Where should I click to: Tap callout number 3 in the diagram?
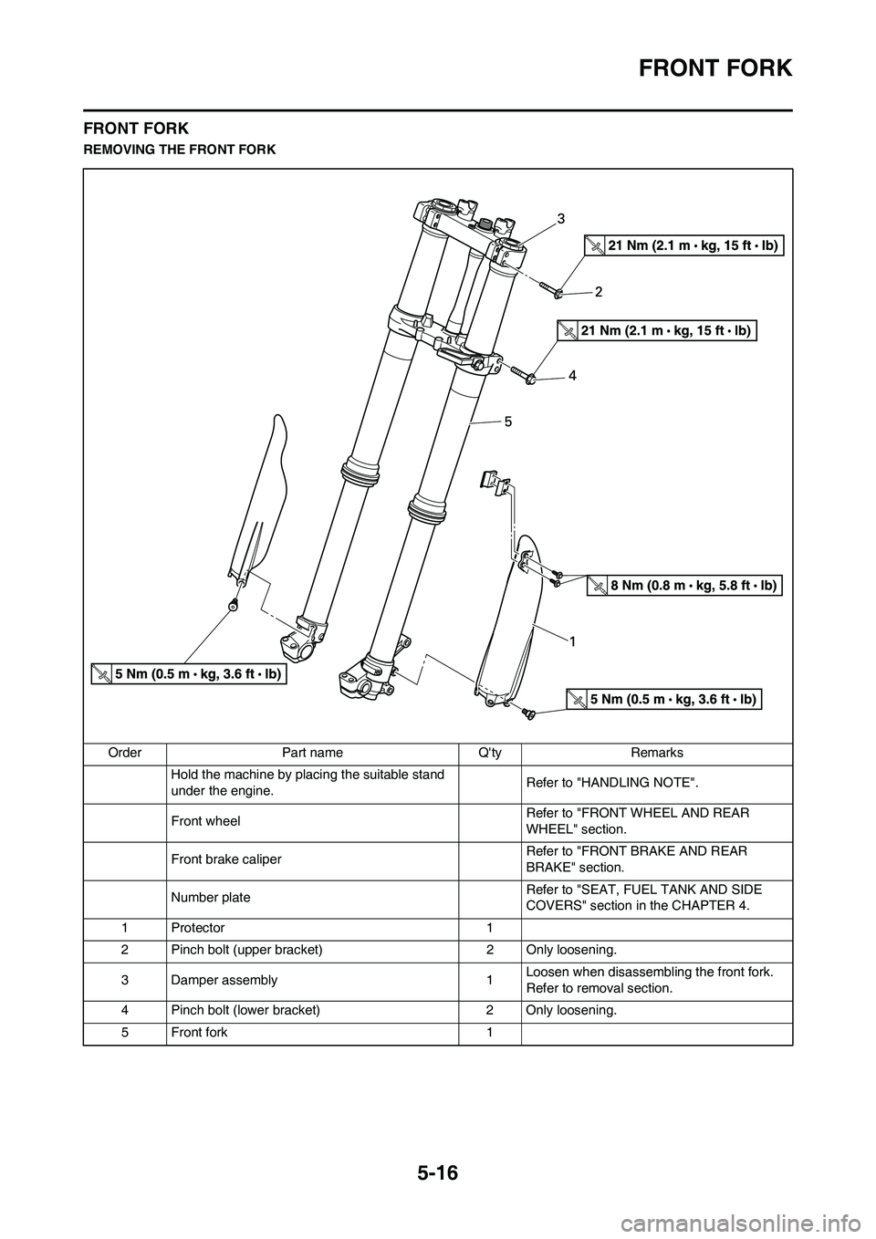point(562,218)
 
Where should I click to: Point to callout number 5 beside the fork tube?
point(508,422)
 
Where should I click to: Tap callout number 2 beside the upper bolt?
point(599,292)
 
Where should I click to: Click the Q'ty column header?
point(490,753)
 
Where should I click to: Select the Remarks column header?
point(657,753)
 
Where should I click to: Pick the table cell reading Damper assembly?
point(224,980)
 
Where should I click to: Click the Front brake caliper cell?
point(225,859)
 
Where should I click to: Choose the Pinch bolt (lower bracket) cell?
point(245,1011)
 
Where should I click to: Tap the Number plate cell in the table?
point(210,898)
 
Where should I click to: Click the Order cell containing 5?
point(124,1033)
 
